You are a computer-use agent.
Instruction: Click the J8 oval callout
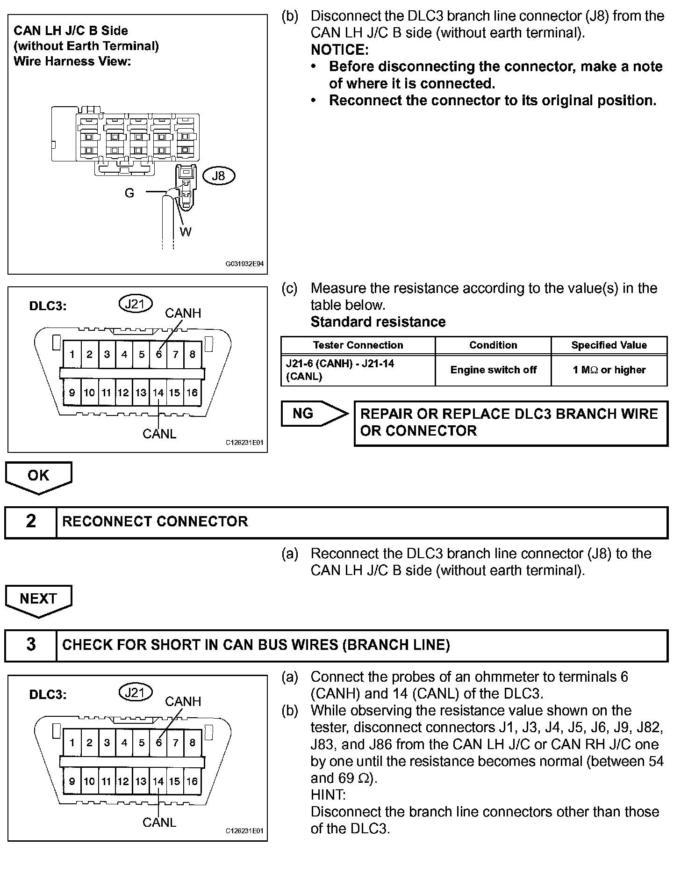click(x=218, y=176)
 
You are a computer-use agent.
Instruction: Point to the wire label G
click(x=129, y=193)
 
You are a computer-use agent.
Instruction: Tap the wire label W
click(x=186, y=232)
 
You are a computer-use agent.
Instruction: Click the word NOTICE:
click(x=340, y=50)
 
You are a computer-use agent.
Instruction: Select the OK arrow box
click(x=38, y=476)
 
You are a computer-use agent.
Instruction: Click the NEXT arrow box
click(x=38, y=599)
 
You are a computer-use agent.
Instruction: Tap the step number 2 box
click(x=31, y=522)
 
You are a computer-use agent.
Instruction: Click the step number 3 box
click(x=31, y=645)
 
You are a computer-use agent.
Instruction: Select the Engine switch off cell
click(x=493, y=370)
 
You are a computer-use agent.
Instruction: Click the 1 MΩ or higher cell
click(x=609, y=370)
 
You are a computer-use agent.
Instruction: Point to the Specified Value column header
click(x=609, y=345)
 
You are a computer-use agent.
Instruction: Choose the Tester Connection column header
click(x=358, y=345)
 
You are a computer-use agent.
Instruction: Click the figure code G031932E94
click(x=244, y=264)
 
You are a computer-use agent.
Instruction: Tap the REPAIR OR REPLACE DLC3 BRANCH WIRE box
click(x=511, y=422)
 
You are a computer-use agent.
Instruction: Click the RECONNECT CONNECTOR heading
click(x=155, y=522)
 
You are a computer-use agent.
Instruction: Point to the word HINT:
click(x=328, y=795)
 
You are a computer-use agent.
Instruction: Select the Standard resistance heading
click(x=378, y=322)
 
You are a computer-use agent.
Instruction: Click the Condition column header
click(x=493, y=345)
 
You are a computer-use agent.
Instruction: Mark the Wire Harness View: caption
click(x=72, y=61)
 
